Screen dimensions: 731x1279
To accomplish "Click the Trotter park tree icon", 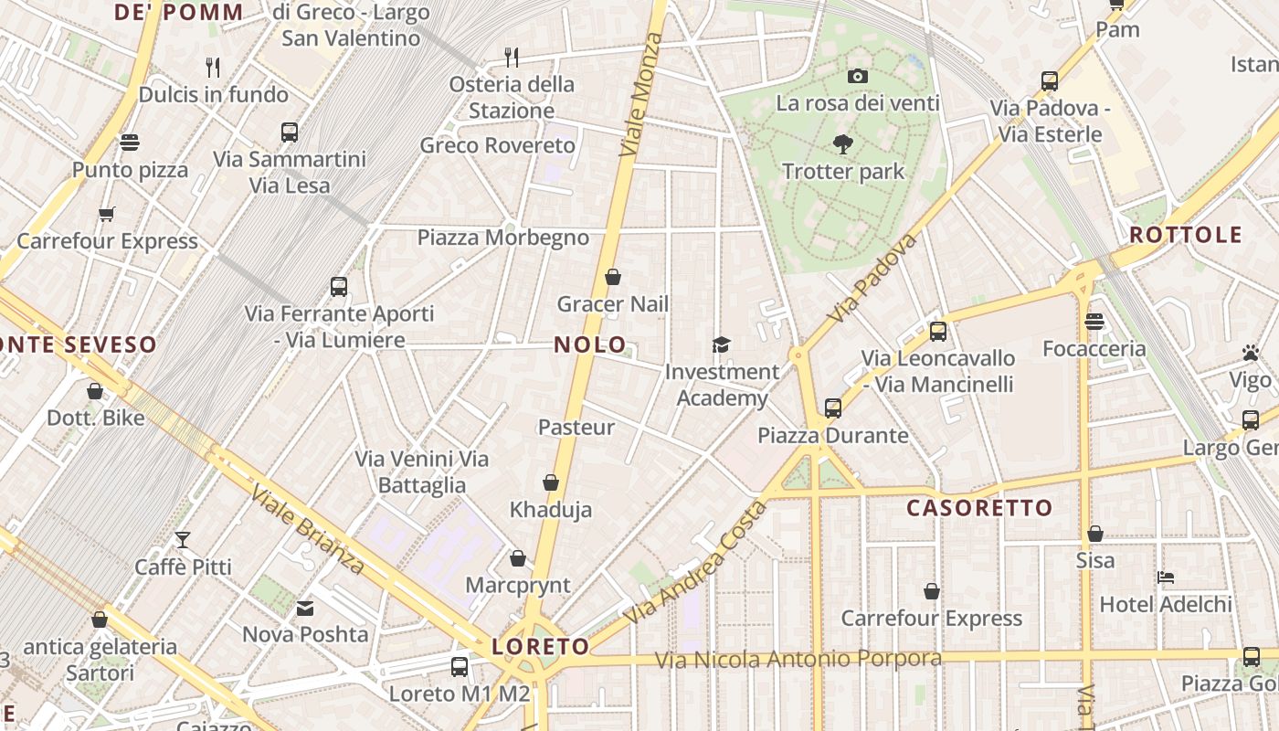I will (842, 143).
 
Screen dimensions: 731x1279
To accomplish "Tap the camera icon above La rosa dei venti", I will (857, 76).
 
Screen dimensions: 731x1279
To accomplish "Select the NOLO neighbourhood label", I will (590, 345).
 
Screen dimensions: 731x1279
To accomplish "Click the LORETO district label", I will (541, 647).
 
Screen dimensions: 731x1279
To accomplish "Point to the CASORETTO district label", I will (979, 508).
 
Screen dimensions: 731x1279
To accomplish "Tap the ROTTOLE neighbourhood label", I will (1186, 235).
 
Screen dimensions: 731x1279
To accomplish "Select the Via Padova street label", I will (872, 278).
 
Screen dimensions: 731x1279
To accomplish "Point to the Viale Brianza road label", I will (307, 530).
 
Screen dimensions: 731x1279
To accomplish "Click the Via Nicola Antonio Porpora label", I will (798, 659).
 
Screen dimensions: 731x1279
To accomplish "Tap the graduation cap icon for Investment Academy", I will (722, 344).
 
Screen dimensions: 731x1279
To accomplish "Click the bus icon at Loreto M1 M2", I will (460, 667).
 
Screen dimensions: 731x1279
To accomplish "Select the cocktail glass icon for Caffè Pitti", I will (183, 540).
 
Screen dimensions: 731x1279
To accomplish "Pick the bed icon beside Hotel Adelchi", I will (1165, 577).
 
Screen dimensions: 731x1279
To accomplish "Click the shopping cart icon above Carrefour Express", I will (107, 215).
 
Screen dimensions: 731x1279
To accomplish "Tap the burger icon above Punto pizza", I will (130, 143).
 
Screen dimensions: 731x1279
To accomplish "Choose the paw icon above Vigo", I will (1250, 353).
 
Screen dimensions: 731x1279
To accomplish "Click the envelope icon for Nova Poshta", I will (305, 608).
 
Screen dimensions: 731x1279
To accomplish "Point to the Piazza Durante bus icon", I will (832, 408).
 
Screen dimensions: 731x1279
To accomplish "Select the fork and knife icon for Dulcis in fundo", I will (213, 67).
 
